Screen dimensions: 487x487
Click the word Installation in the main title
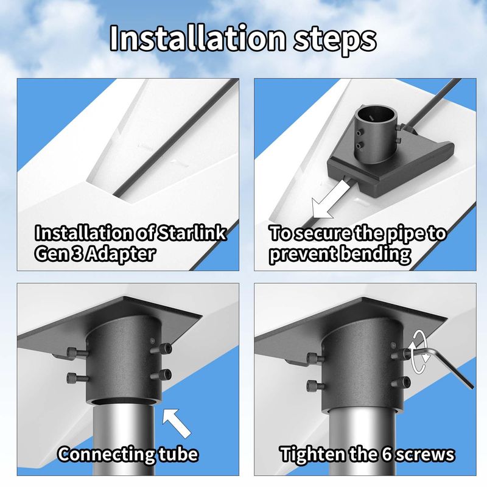(197, 38)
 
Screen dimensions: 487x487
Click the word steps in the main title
(335, 40)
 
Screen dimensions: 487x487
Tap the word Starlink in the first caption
(191, 233)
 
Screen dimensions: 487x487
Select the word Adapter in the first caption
(120, 254)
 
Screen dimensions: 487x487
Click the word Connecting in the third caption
(106, 454)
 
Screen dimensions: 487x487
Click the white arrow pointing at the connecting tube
(176, 423)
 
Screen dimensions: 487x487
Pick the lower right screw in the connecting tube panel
(161, 375)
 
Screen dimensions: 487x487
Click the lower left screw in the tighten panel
(316, 385)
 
